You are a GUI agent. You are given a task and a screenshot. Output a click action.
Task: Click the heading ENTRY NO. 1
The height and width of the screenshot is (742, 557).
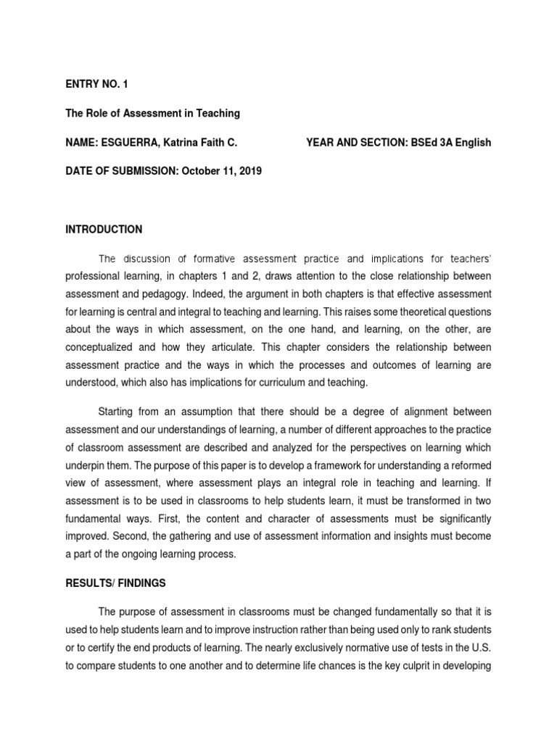[x=96, y=85]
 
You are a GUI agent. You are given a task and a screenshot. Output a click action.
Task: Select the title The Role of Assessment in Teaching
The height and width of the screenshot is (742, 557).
[x=152, y=114]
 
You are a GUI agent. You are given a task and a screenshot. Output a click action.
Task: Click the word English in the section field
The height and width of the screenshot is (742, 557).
[x=473, y=143]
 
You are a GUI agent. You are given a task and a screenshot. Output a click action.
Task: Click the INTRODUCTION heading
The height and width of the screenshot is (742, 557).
[x=104, y=230]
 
